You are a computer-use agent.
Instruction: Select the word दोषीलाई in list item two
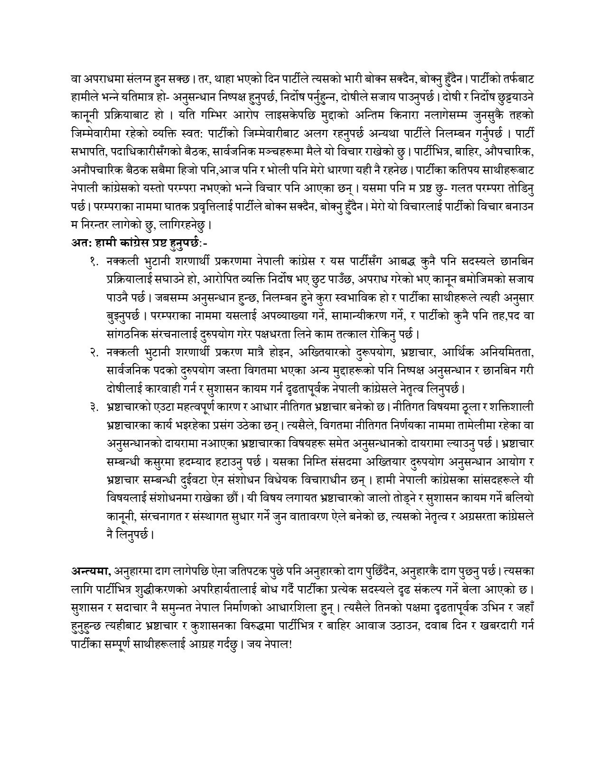pos(126,389)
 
